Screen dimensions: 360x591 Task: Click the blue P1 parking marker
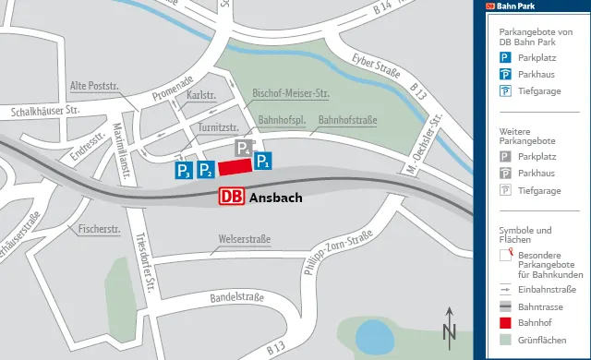pos(263,162)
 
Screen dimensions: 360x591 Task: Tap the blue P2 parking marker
pos(205,169)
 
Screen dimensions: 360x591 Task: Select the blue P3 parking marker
pos(184,170)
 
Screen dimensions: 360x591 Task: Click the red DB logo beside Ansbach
pos(232,197)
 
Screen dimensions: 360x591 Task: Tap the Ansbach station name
pos(276,198)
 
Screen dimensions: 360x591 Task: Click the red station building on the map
pos(235,165)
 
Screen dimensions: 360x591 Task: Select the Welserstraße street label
pos(245,240)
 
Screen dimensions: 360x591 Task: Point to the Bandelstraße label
pos(237,297)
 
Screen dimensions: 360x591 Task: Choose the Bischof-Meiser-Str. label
pos(291,94)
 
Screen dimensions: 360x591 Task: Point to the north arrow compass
pos(449,326)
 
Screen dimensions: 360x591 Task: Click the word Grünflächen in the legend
pos(541,341)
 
